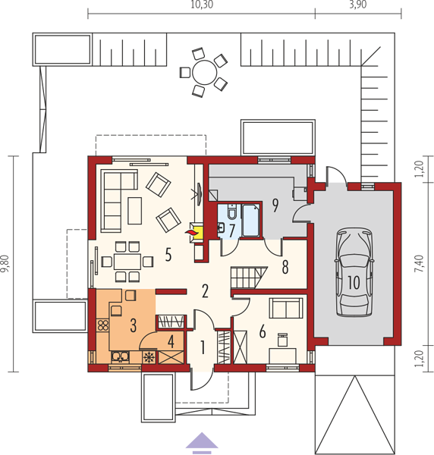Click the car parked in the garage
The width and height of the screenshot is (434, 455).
(x=354, y=272)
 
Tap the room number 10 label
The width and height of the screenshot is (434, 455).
(x=354, y=282)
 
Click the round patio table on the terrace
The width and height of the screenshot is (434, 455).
(x=204, y=72)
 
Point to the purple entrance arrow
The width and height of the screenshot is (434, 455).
(x=202, y=443)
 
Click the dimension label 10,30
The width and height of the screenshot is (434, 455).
(x=202, y=5)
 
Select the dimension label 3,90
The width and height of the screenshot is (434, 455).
(x=358, y=5)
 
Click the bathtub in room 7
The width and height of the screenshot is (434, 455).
(x=251, y=220)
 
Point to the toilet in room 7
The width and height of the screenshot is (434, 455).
(x=232, y=212)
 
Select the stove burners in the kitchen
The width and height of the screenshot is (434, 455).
(x=102, y=325)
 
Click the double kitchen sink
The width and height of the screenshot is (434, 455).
(x=120, y=356)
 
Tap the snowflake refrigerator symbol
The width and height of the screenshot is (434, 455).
(x=149, y=357)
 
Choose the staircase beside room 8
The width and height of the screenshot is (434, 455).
(x=249, y=278)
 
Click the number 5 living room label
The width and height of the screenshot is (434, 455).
(x=168, y=255)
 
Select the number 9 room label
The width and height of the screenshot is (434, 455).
(x=275, y=206)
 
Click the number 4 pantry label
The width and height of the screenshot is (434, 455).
(x=171, y=341)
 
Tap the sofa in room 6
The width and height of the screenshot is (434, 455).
(x=286, y=308)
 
